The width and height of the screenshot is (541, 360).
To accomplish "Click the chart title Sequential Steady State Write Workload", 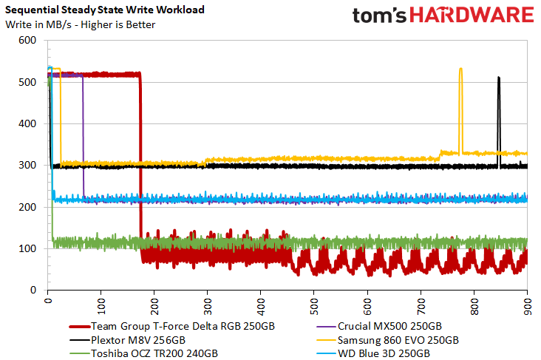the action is [105, 10].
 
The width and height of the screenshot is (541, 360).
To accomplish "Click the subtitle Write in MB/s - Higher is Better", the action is [81, 25].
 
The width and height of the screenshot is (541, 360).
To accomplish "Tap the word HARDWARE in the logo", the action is [472, 16].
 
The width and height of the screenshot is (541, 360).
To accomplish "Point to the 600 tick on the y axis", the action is [27, 40].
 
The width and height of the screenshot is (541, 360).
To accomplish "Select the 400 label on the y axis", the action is [27, 123].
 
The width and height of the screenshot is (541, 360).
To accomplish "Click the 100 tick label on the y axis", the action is [27, 248].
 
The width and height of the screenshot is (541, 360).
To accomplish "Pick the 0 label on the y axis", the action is [33, 290].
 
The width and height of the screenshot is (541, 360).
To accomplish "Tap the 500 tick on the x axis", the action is [314, 306].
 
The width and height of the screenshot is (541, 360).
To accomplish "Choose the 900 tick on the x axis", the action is [527, 306].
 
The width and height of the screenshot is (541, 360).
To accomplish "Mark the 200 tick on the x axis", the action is [154, 306].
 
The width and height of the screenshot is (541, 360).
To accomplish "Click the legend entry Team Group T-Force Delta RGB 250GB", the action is [171, 327].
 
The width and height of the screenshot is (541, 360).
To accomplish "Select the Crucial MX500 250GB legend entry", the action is [379, 327].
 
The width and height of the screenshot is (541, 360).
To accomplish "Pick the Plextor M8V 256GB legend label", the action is [127, 340].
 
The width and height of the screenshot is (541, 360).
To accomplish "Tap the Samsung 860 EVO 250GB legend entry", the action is [387, 340].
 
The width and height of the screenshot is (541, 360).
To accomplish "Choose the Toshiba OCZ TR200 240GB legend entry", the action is [143, 354].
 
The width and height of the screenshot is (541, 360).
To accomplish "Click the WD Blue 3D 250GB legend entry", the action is [373, 354].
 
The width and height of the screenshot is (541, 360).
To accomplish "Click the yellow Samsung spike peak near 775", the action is [460, 69].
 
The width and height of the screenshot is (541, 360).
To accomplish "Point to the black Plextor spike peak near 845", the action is [499, 78].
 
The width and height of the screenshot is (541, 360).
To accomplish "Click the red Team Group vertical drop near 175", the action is [140, 155].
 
